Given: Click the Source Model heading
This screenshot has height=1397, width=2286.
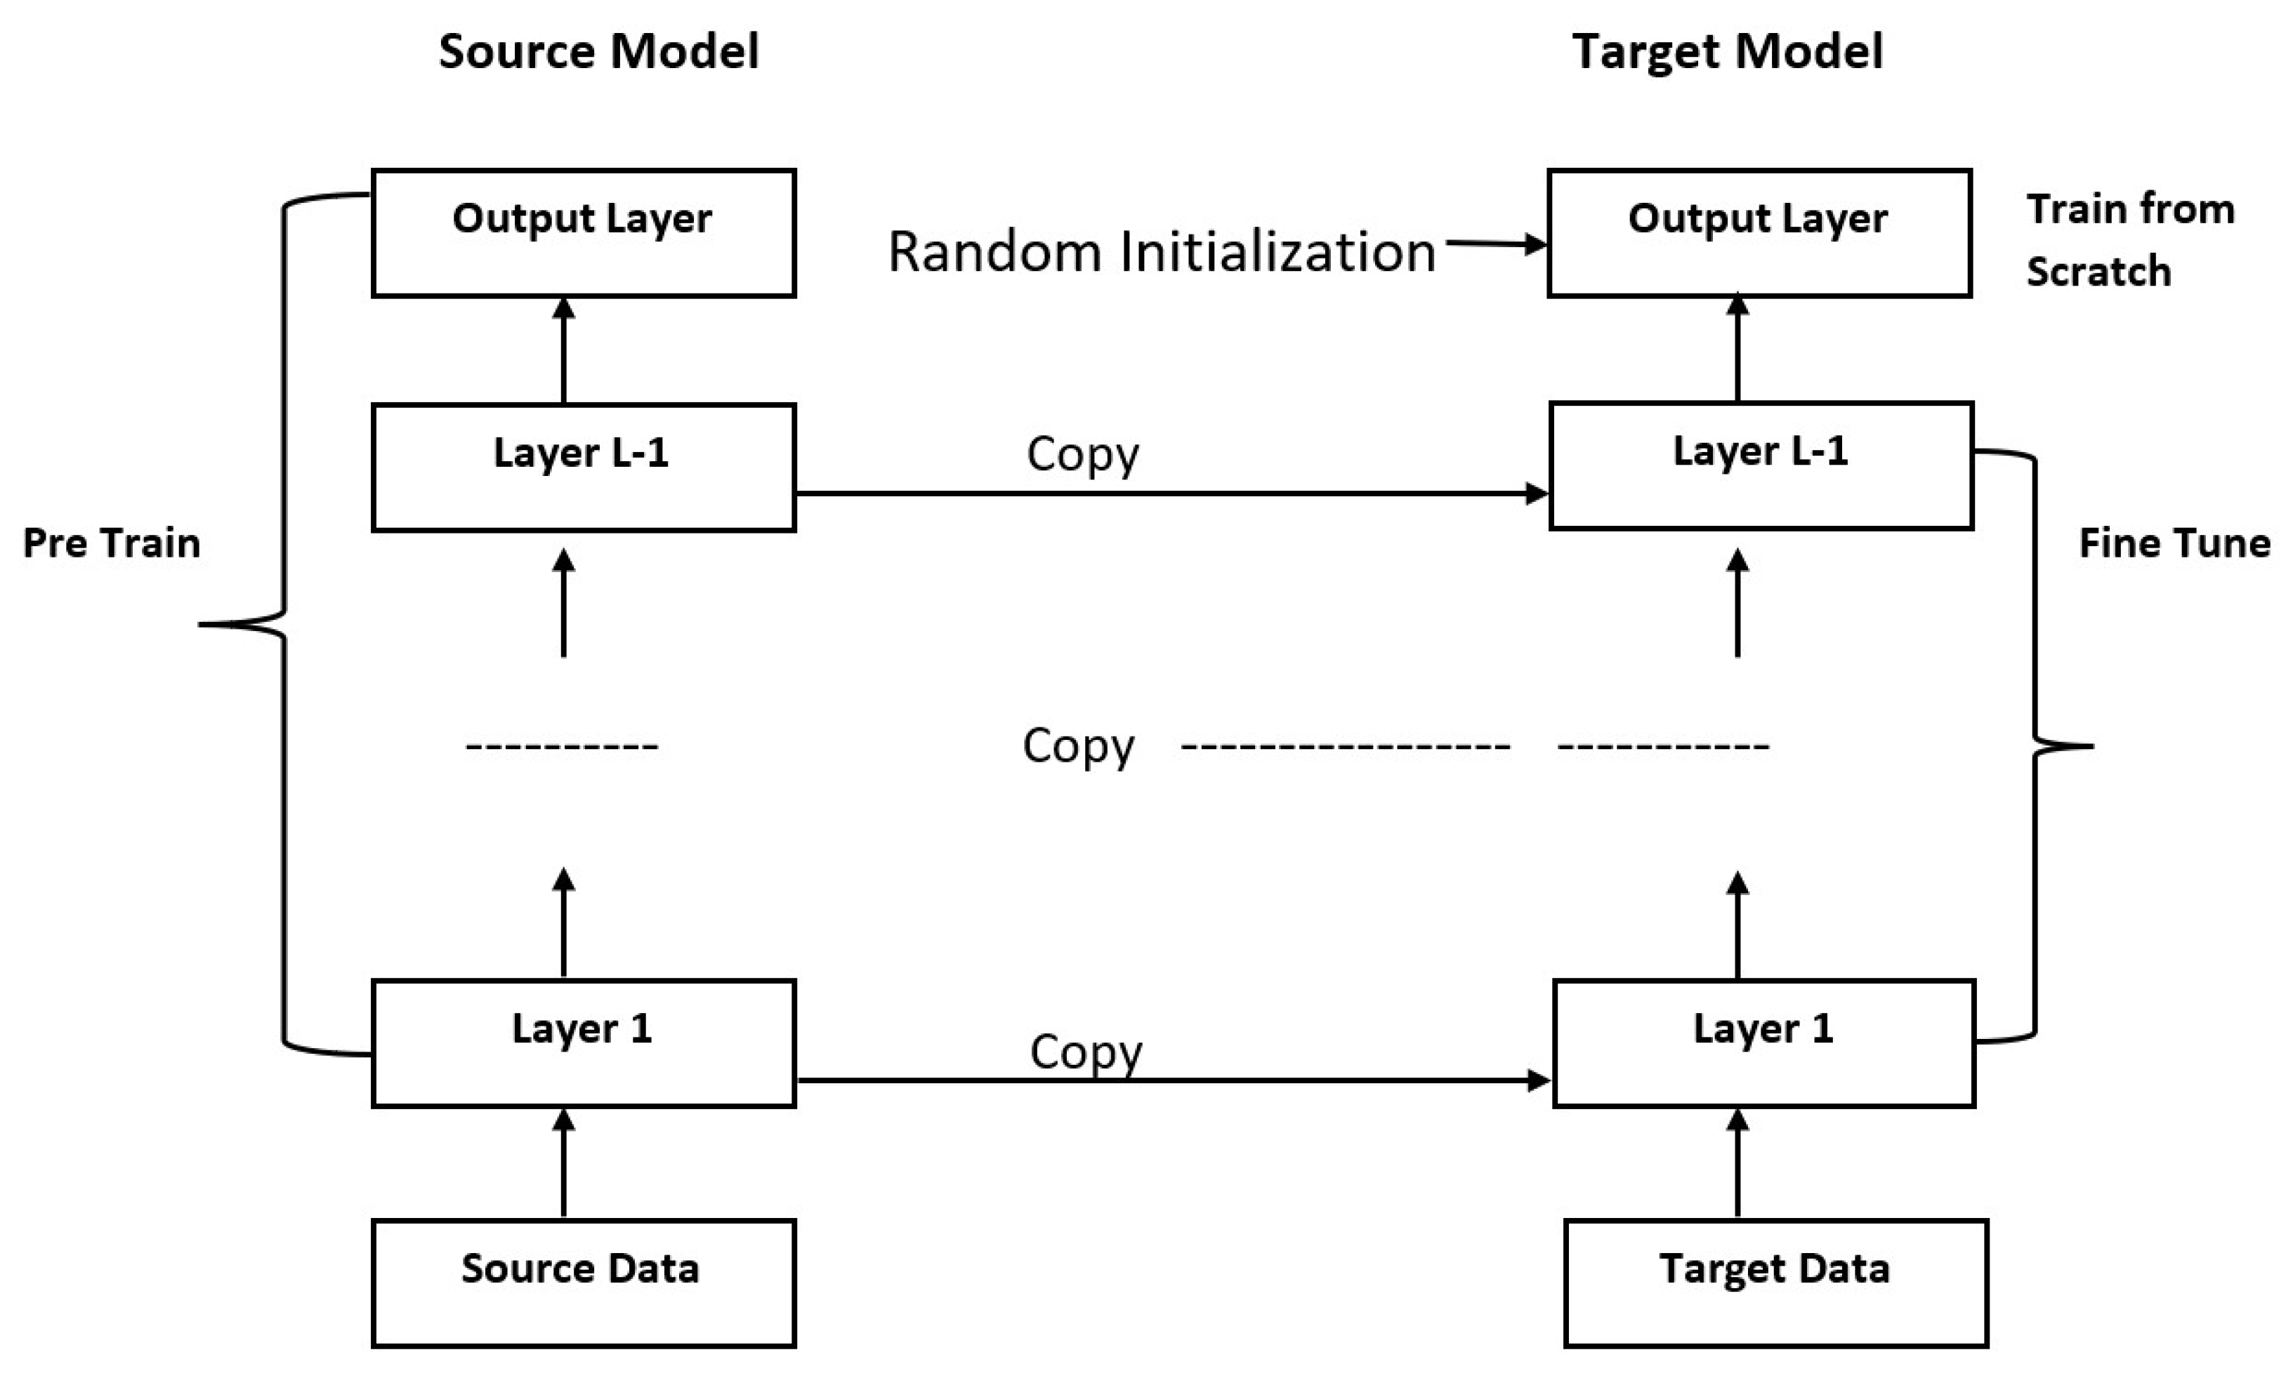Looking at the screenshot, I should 598,51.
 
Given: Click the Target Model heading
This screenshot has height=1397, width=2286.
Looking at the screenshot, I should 1728,51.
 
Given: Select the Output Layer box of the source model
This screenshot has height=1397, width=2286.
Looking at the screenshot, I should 584,233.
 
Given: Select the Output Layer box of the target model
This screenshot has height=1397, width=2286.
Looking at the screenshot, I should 1759,233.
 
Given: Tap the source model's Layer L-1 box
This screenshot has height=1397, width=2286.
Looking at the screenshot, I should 584,467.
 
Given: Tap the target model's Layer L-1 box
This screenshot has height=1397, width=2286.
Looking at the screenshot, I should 1761,465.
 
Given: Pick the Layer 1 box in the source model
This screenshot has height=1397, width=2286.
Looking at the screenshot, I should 584,1042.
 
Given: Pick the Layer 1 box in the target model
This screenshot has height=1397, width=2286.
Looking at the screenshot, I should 1763,1042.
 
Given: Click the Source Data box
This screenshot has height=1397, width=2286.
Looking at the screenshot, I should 584,1283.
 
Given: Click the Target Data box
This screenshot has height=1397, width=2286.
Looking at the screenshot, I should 1775,1283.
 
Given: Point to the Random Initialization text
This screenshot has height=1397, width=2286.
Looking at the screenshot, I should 1162,251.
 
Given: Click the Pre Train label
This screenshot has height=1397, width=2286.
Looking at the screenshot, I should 112,543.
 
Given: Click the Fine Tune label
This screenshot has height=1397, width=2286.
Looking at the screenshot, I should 2174,543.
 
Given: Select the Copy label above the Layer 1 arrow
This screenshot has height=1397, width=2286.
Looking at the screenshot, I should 1086,1052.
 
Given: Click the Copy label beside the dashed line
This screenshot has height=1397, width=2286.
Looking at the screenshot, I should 1078,746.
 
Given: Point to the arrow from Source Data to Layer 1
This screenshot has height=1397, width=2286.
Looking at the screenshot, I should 563,1163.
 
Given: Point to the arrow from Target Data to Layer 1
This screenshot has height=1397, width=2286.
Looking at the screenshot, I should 1737,1163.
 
